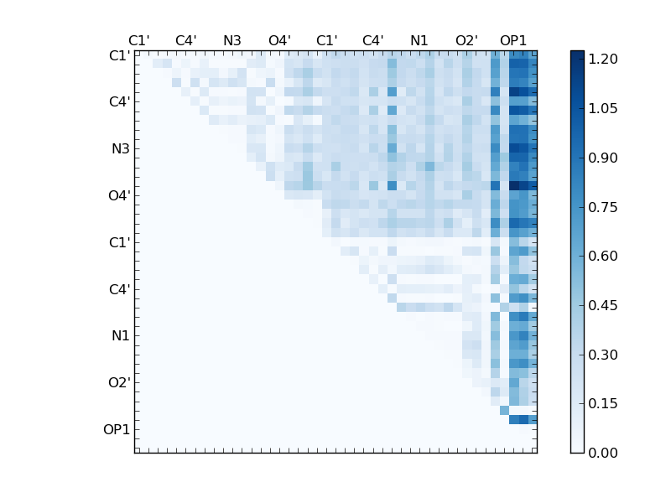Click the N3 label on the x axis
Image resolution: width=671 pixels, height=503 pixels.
232,40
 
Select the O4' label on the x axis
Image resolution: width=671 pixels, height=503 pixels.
279,40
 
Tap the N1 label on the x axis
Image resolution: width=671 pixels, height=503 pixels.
419,40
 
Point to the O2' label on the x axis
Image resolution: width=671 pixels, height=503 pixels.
466,40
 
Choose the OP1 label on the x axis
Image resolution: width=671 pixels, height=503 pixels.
513,40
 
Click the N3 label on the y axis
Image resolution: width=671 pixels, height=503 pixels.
121,149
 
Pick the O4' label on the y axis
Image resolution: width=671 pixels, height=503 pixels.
118,196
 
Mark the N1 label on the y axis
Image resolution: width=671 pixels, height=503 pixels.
121,336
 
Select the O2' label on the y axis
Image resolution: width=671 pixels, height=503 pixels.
118,383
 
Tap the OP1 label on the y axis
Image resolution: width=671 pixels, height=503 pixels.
117,430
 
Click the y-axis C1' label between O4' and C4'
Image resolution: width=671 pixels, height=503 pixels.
119,243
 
